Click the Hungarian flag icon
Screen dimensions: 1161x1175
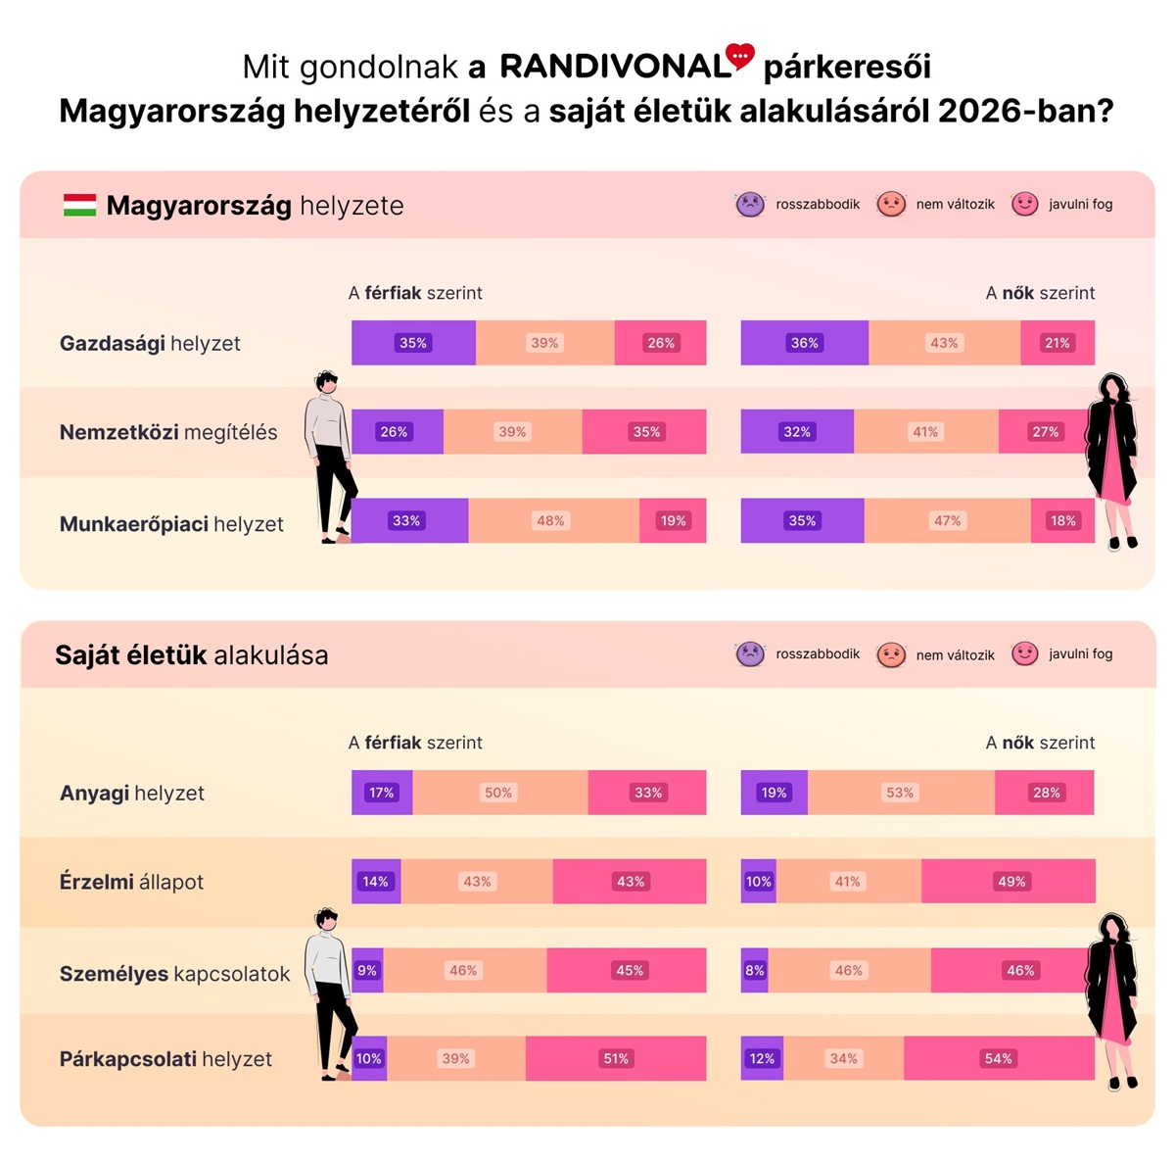[79, 205]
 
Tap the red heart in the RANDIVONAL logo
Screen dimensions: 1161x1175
[740, 57]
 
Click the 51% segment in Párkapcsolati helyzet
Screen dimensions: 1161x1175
[615, 1058]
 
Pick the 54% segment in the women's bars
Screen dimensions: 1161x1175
[998, 1058]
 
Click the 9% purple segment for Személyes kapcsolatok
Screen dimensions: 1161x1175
[367, 970]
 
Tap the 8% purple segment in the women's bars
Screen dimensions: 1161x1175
[754, 970]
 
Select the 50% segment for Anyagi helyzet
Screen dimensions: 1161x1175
[499, 793]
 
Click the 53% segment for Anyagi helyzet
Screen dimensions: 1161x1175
[900, 793]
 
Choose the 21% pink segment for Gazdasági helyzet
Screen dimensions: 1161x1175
[1057, 343]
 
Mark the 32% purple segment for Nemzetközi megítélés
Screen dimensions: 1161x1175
[797, 431]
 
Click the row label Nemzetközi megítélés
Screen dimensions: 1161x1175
[168, 432]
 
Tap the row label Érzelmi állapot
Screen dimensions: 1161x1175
[131, 882]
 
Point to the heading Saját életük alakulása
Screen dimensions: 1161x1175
[191, 654]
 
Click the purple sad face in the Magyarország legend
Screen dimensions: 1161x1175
[750, 204]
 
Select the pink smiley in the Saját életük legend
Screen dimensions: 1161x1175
[1024, 653]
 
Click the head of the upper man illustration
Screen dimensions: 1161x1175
[327, 382]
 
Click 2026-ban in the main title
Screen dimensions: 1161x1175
[1025, 111]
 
